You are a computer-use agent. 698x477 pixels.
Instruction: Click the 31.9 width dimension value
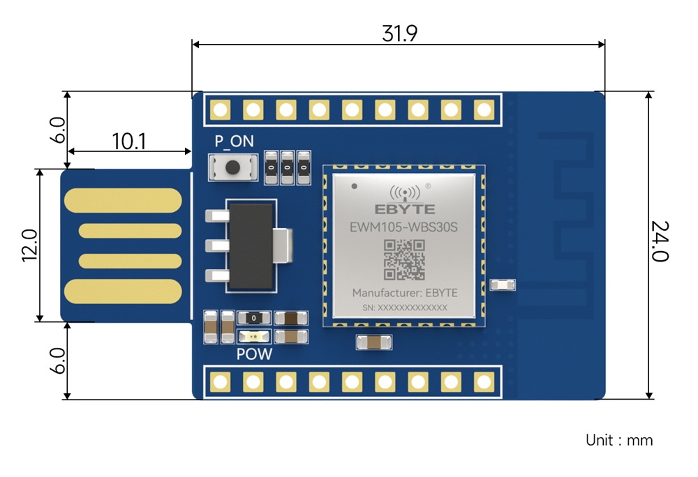click(x=400, y=33)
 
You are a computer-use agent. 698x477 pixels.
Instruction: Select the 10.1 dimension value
click(x=129, y=142)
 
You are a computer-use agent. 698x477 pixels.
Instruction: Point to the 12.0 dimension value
click(x=29, y=245)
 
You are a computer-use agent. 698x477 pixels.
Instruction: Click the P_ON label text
click(x=234, y=142)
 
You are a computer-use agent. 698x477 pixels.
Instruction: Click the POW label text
click(x=254, y=354)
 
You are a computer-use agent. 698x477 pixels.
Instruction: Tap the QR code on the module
click(x=405, y=259)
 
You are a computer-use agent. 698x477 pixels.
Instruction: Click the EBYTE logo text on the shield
click(x=405, y=209)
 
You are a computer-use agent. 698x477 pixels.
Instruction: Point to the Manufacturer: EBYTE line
click(x=405, y=292)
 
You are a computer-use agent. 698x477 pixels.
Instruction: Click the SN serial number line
click(x=405, y=308)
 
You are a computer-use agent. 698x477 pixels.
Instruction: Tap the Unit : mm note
click(x=619, y=440)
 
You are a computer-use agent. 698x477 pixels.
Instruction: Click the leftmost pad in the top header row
click(x=221, y=109)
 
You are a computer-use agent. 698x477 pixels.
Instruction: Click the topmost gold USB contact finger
click(x=123, y=199)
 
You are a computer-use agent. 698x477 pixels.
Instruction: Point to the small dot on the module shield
click(x=355, y=186)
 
